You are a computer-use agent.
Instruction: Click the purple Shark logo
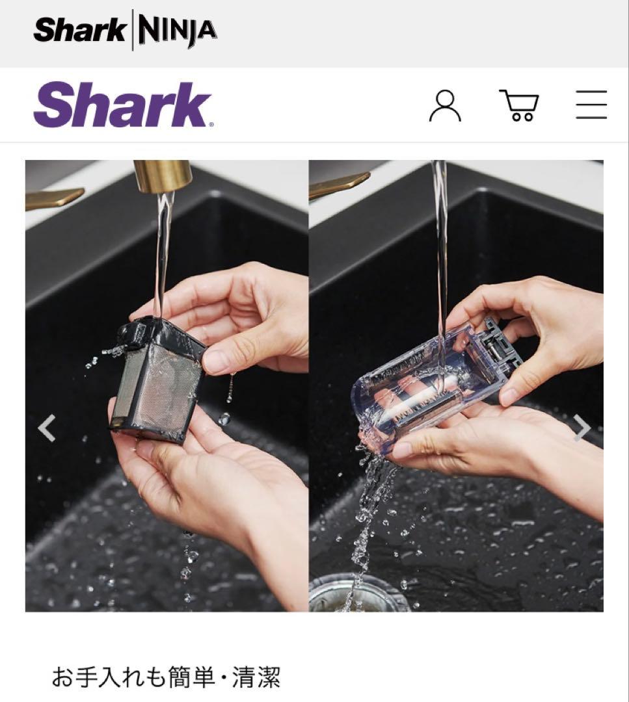point(123,105)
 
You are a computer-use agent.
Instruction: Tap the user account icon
point(445,106)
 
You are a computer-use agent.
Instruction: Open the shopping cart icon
point(519,106)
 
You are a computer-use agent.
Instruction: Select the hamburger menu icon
point(591,105)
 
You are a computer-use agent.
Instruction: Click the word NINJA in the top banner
point(177,30)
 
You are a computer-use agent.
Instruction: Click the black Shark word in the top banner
point(79,30)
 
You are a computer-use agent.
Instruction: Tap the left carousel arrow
point(47,428)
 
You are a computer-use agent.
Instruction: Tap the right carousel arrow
point(582,428)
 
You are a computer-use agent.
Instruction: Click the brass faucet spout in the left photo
point(161,176)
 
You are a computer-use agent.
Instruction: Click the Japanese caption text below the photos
point(166,677)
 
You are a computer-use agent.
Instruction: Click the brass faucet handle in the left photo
point(55,198)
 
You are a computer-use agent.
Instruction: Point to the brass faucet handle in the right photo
point(338,185)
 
